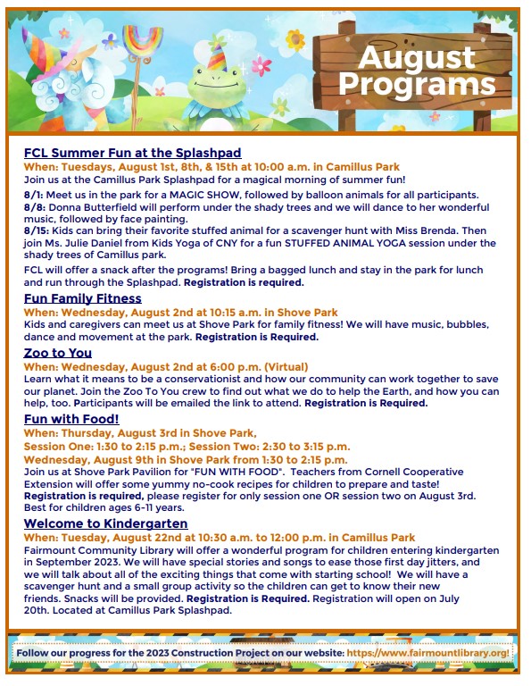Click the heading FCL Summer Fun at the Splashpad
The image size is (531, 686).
(132, 153)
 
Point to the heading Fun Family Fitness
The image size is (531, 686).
(82, 298)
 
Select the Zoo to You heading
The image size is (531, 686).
(57, 353)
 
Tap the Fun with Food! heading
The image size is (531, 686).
(71, 417)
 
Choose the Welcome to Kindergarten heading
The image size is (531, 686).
(105, 523)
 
